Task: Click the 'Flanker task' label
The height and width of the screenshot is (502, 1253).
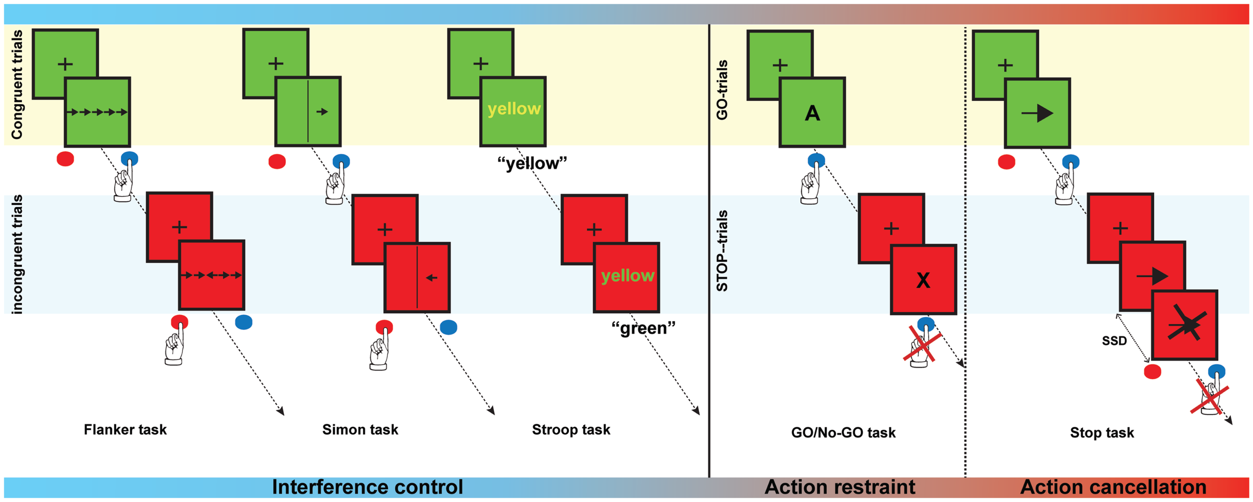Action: point(125,430)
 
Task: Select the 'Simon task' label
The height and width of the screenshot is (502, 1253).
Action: point(360,430)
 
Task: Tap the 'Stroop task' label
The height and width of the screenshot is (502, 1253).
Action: point(571,430)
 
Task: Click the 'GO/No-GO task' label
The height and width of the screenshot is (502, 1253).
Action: point(843,433)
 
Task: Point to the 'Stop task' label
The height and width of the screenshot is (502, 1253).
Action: point(1102,433)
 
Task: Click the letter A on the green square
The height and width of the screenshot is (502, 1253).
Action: point(812,114)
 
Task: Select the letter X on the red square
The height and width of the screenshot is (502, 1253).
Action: point(923,281)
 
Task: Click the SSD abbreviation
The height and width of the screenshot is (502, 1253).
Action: point(1114,342)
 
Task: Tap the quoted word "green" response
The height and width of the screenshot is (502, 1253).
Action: point(643,328)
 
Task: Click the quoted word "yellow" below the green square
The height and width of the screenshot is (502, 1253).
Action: point(532,163)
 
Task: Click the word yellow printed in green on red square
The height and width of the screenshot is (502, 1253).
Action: point(628,276)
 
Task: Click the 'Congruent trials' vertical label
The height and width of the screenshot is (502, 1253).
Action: point(17,84)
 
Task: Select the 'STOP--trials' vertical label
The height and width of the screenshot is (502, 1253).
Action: point(722,251)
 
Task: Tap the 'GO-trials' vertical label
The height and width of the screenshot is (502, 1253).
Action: point(722,90)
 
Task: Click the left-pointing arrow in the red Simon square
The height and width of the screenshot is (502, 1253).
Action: point(431,278)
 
